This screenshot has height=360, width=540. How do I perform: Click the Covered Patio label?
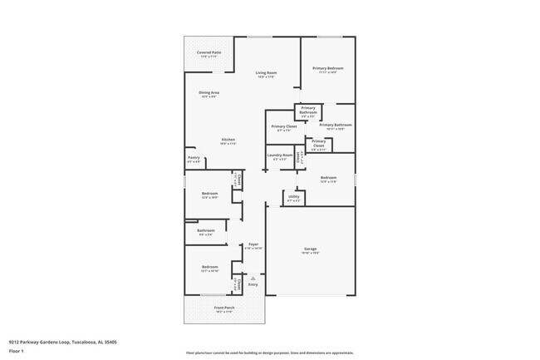(209, 52)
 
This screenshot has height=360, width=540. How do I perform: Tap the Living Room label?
(266, 73)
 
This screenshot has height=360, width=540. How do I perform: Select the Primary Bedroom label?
(328, 68)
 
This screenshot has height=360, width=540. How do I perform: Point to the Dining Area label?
(209, 92)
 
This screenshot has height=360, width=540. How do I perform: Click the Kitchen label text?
(228, 140)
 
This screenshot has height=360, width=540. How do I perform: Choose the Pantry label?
(194, 158)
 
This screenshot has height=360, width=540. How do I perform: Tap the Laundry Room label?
(280, 155)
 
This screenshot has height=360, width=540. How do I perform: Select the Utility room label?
(294, 197)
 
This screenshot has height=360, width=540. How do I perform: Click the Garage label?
(311, 249)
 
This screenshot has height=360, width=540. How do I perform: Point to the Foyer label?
(253, 245)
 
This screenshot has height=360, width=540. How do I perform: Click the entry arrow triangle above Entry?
(253, 278)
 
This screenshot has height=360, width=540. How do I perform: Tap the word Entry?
(253, 284)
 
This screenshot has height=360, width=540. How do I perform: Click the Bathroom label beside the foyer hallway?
(206, 230)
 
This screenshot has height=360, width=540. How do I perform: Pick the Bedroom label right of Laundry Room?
(329, 177)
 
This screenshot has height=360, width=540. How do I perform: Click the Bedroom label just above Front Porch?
(209, 267)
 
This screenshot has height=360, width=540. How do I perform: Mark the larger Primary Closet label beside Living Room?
(283, 126)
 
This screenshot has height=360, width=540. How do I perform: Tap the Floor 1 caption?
(17, 351)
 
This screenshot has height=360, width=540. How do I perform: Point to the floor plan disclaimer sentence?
(269, 353)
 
